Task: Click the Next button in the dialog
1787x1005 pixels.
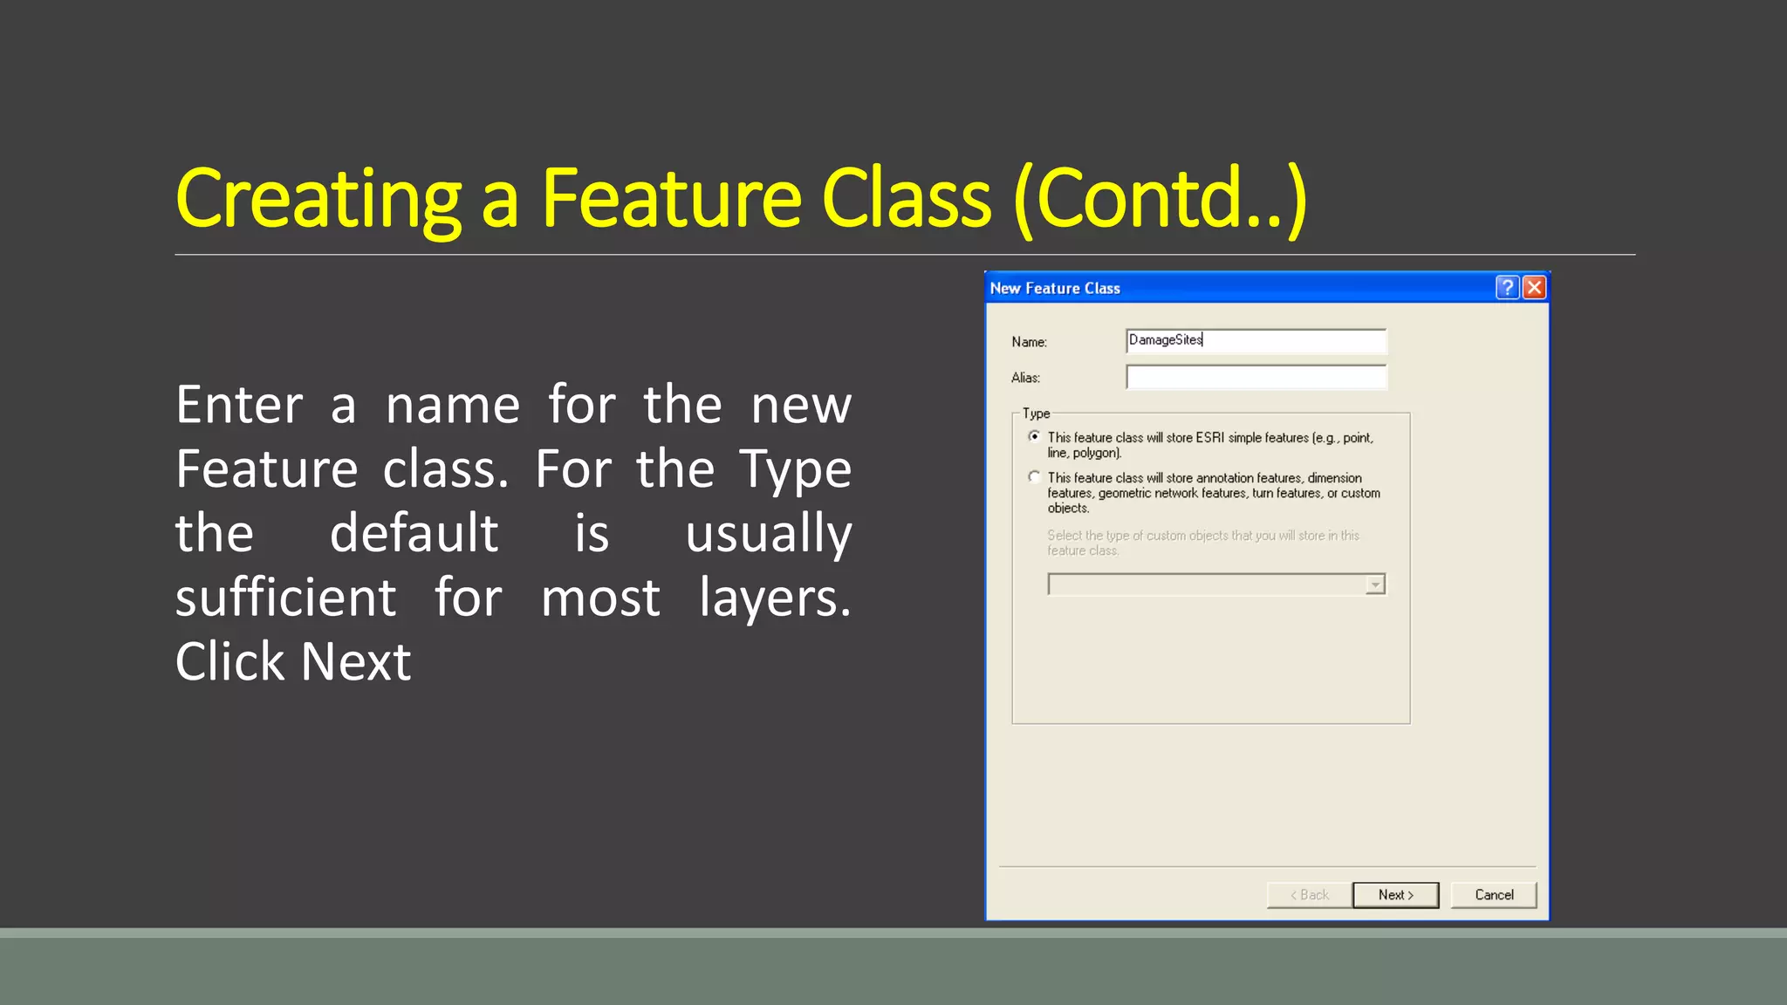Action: click(1395, 895)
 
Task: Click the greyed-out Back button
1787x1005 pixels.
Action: click(1309, 895)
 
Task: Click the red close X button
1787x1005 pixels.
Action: click(1534, 288)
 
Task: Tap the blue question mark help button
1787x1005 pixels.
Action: click(1507, 288)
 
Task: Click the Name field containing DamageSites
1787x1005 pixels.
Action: click(1255, 340)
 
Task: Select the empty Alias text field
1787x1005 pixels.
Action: click(1255, 377)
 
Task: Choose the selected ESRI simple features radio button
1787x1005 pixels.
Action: click(1034, 436)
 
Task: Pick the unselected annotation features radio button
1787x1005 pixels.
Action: click(1034, 477)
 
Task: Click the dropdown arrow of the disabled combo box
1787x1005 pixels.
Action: click(1375, 585)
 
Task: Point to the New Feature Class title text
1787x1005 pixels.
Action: click(1054, 289)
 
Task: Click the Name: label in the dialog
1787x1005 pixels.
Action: click(1029, 342)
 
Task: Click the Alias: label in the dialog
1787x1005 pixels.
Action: click(1025, 378)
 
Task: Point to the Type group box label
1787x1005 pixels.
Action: click(1036, 414)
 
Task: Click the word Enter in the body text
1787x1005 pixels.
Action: click(239, 405)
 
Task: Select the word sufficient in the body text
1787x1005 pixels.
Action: click(285, 598)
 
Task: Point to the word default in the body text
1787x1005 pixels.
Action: click(414, 533)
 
